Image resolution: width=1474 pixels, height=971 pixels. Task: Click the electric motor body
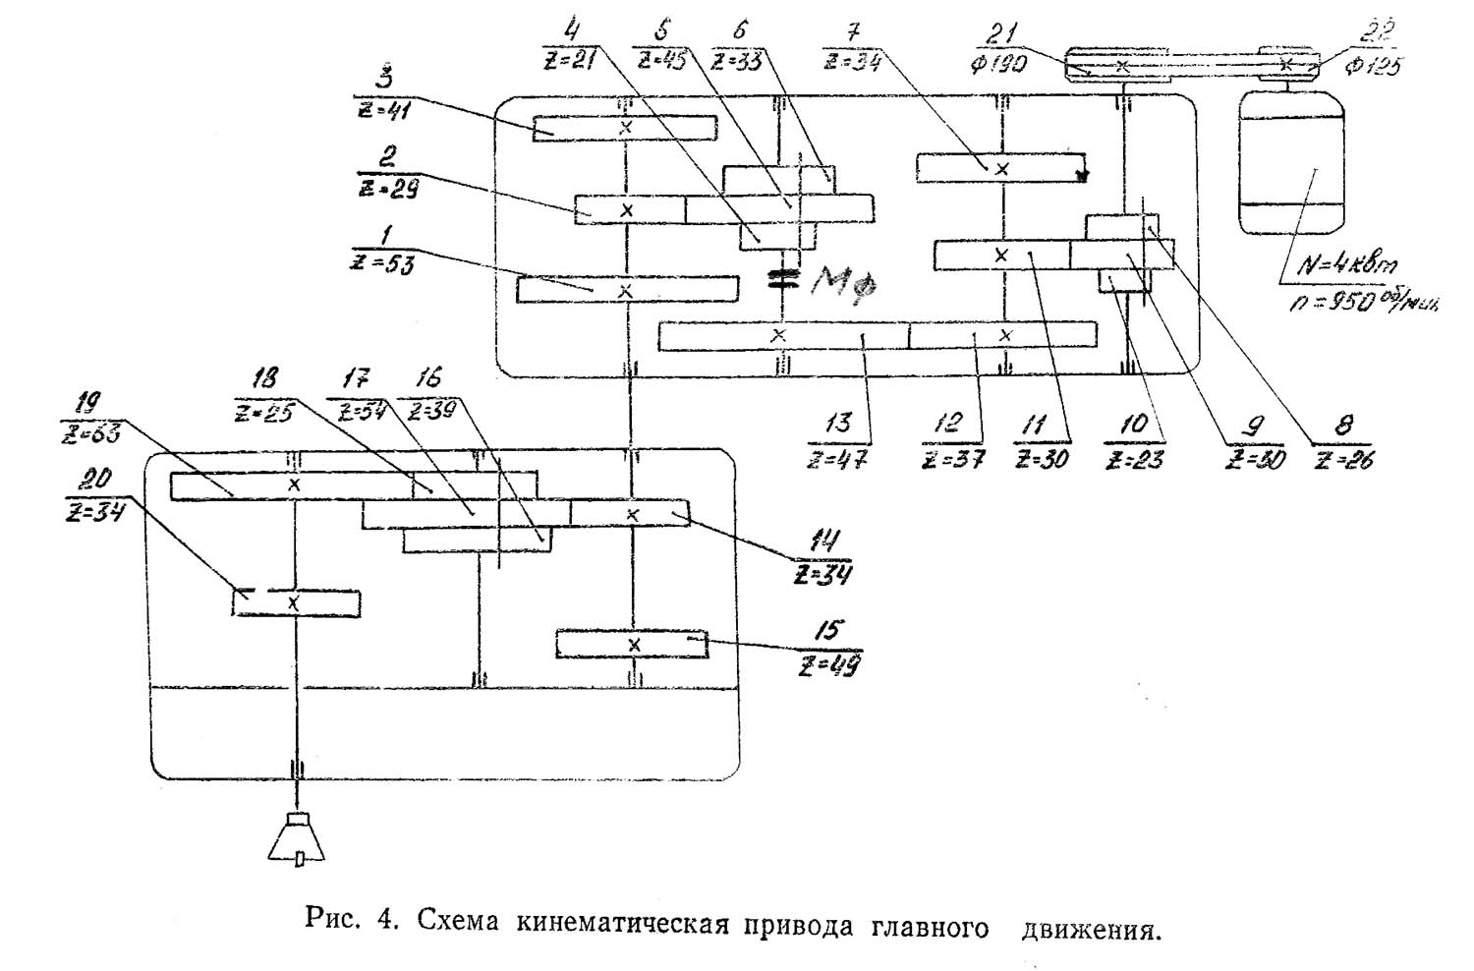pyautogui.click(x=1290, y=162)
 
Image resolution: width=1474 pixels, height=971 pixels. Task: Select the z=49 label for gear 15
pyautogui.click(x=829, y=665)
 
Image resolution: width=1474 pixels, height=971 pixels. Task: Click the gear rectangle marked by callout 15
pyautogui.click(x=632, y=644)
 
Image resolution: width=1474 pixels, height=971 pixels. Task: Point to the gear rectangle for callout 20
pyautogui.click(x=296, y=602)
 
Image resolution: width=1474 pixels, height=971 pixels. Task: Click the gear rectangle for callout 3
pyautogui.click(x=625, y=128)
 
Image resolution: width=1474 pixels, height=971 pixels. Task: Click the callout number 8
pyautogui.click(x=1344, y=425)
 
